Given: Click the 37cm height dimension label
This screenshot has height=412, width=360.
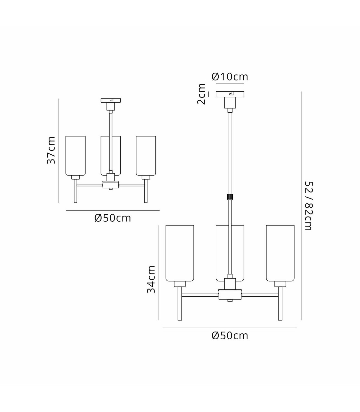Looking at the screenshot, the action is pyautogui.click(x=51, y=150).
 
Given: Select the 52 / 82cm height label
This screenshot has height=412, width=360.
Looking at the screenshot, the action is pyautogui.click(x=308, y=206).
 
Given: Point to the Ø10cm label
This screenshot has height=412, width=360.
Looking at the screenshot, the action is pyautogui.click(x=230, y=77).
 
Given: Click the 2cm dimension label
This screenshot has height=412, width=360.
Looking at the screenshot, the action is pyautogui.click(x=201, y=94).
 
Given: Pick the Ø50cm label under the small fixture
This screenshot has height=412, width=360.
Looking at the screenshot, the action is pyautogui.click(x=112, y=218).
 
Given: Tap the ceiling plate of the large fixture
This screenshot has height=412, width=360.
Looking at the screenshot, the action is pyautogui.click(x=230, y=95).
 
